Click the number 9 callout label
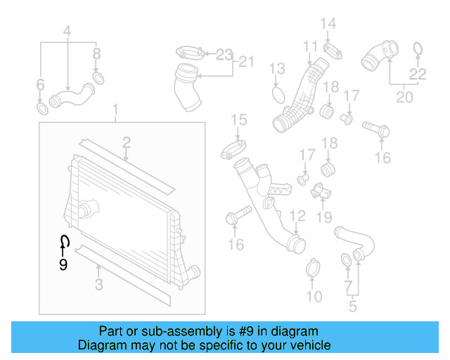click(x=63, y=265)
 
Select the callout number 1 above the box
click(x=117, y=110)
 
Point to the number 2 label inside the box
click(x=126, y=143)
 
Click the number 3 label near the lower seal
click(x=98, y=285)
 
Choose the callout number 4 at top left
click(x=67, y=31)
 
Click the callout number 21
click(x=245, y=62)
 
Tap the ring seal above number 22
click(x=417, y=49)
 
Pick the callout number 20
click(x=404, y=97)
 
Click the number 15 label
click(x=239, y=119)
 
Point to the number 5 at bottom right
click(x=353, y=307)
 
